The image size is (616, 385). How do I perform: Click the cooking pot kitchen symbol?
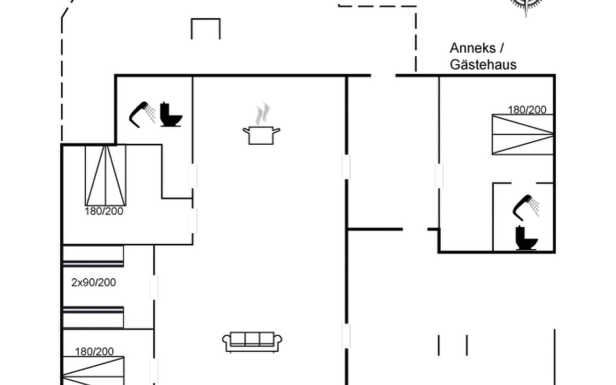(x=261, y=135)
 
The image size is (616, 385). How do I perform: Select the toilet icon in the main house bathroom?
(x=171, y=115)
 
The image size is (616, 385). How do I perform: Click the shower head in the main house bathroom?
(x=141, y=114)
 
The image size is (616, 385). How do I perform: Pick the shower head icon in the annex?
(x=525, y=207)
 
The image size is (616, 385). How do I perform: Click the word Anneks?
(x=473, y=48)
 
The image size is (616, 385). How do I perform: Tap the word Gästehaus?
(x=483, y=65)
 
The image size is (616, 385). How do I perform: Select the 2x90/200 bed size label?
(x=93, y=282)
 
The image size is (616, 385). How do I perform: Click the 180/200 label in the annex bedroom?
(x=527, y=110)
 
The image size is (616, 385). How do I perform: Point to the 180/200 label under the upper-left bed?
(x=104, y=211)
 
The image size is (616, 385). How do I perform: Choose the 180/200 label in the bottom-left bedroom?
(x=94, y=352)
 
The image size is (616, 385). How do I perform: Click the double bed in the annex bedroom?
(x=523, y=134)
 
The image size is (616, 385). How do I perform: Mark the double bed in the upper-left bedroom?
(x=106, y=175)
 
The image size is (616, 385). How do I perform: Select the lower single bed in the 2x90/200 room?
(x=93, y=317)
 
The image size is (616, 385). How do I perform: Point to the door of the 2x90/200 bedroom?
(x=154, y=287)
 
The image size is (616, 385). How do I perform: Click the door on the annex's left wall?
(x=439, y=175)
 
